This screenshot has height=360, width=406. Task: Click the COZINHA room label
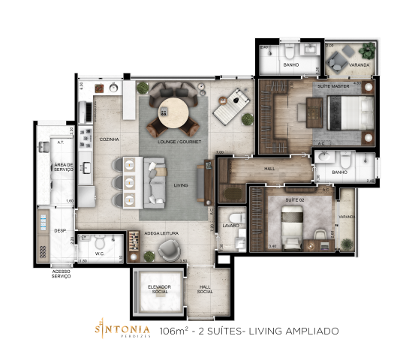pyautogui.click(x=109, y=139)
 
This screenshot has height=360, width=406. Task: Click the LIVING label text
pyautogui.click(x=180, y=184)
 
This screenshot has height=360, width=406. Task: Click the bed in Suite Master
pyautogui.click(x=352, y=115)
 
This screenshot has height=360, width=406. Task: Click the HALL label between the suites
pyautogui.click(x=269, y=169)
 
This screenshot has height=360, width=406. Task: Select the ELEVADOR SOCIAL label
pyautogui.click(x=158, y=290)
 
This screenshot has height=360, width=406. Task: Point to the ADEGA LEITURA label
pyautogui.click(x=161, y=234)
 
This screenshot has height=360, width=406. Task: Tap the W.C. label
pyautogui.click(x=99, y=253)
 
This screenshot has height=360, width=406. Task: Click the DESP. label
pyautogui.click(x=60, y=231)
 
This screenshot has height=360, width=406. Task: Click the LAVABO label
pyautogui.click(x=230, y=225)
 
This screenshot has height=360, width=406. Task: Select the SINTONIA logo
pyautogui.click(x=122, y=328)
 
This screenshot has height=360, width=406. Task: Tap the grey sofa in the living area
pyautogui.click(x=156, y=182)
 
